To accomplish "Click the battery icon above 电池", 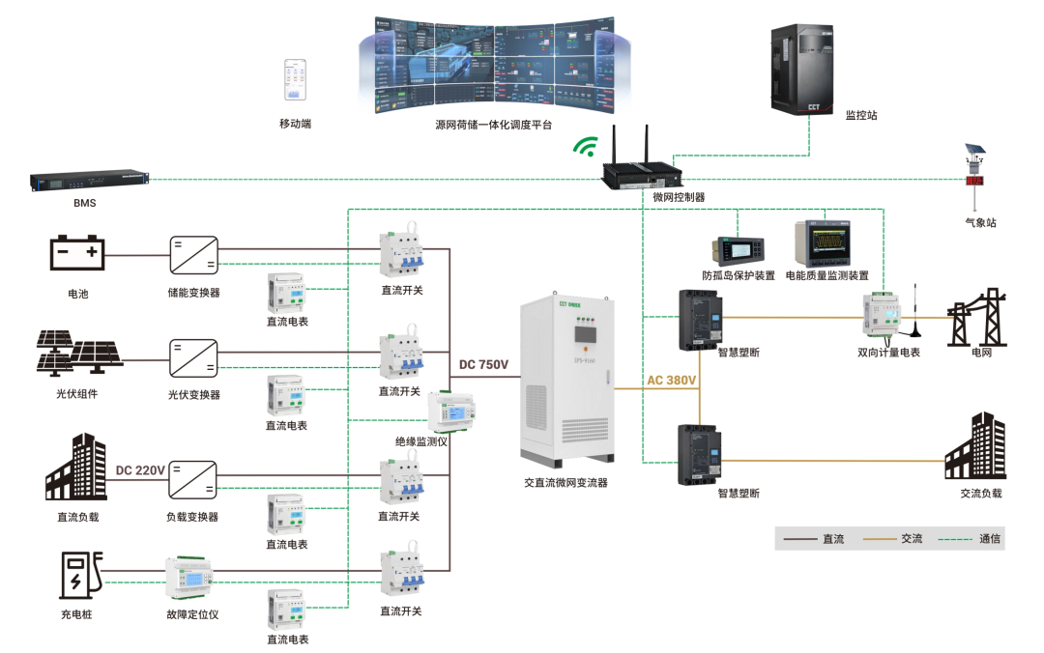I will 77,253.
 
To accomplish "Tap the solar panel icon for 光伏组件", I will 79,355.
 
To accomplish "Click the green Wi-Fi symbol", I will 584,147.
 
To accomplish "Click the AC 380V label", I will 672,381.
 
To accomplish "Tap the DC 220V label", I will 141,470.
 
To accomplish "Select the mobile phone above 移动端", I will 295,80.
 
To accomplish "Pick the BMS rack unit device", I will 89,180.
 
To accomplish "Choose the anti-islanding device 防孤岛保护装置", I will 739,248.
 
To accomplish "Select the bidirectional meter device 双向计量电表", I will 884,315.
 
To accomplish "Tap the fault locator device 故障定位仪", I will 192,579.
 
